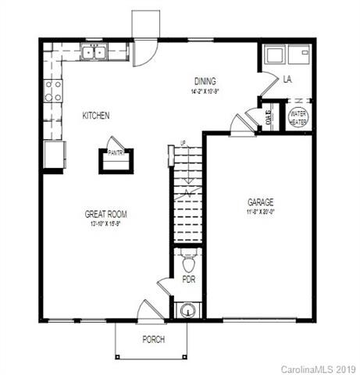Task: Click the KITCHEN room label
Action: [96, 116]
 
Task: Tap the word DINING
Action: [205, 80]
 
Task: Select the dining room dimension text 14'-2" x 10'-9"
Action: [205, 91]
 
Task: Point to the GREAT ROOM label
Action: [106, 213]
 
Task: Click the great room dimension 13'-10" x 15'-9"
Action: [106, 223]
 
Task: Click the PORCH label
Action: [153, 339]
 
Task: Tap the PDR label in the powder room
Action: [188, 278]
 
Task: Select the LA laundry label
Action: [287, 79]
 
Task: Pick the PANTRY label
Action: [116, 153]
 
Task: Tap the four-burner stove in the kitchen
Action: [53, 91]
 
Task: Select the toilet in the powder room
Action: [187, 257]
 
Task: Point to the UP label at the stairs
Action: [184, 144]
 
